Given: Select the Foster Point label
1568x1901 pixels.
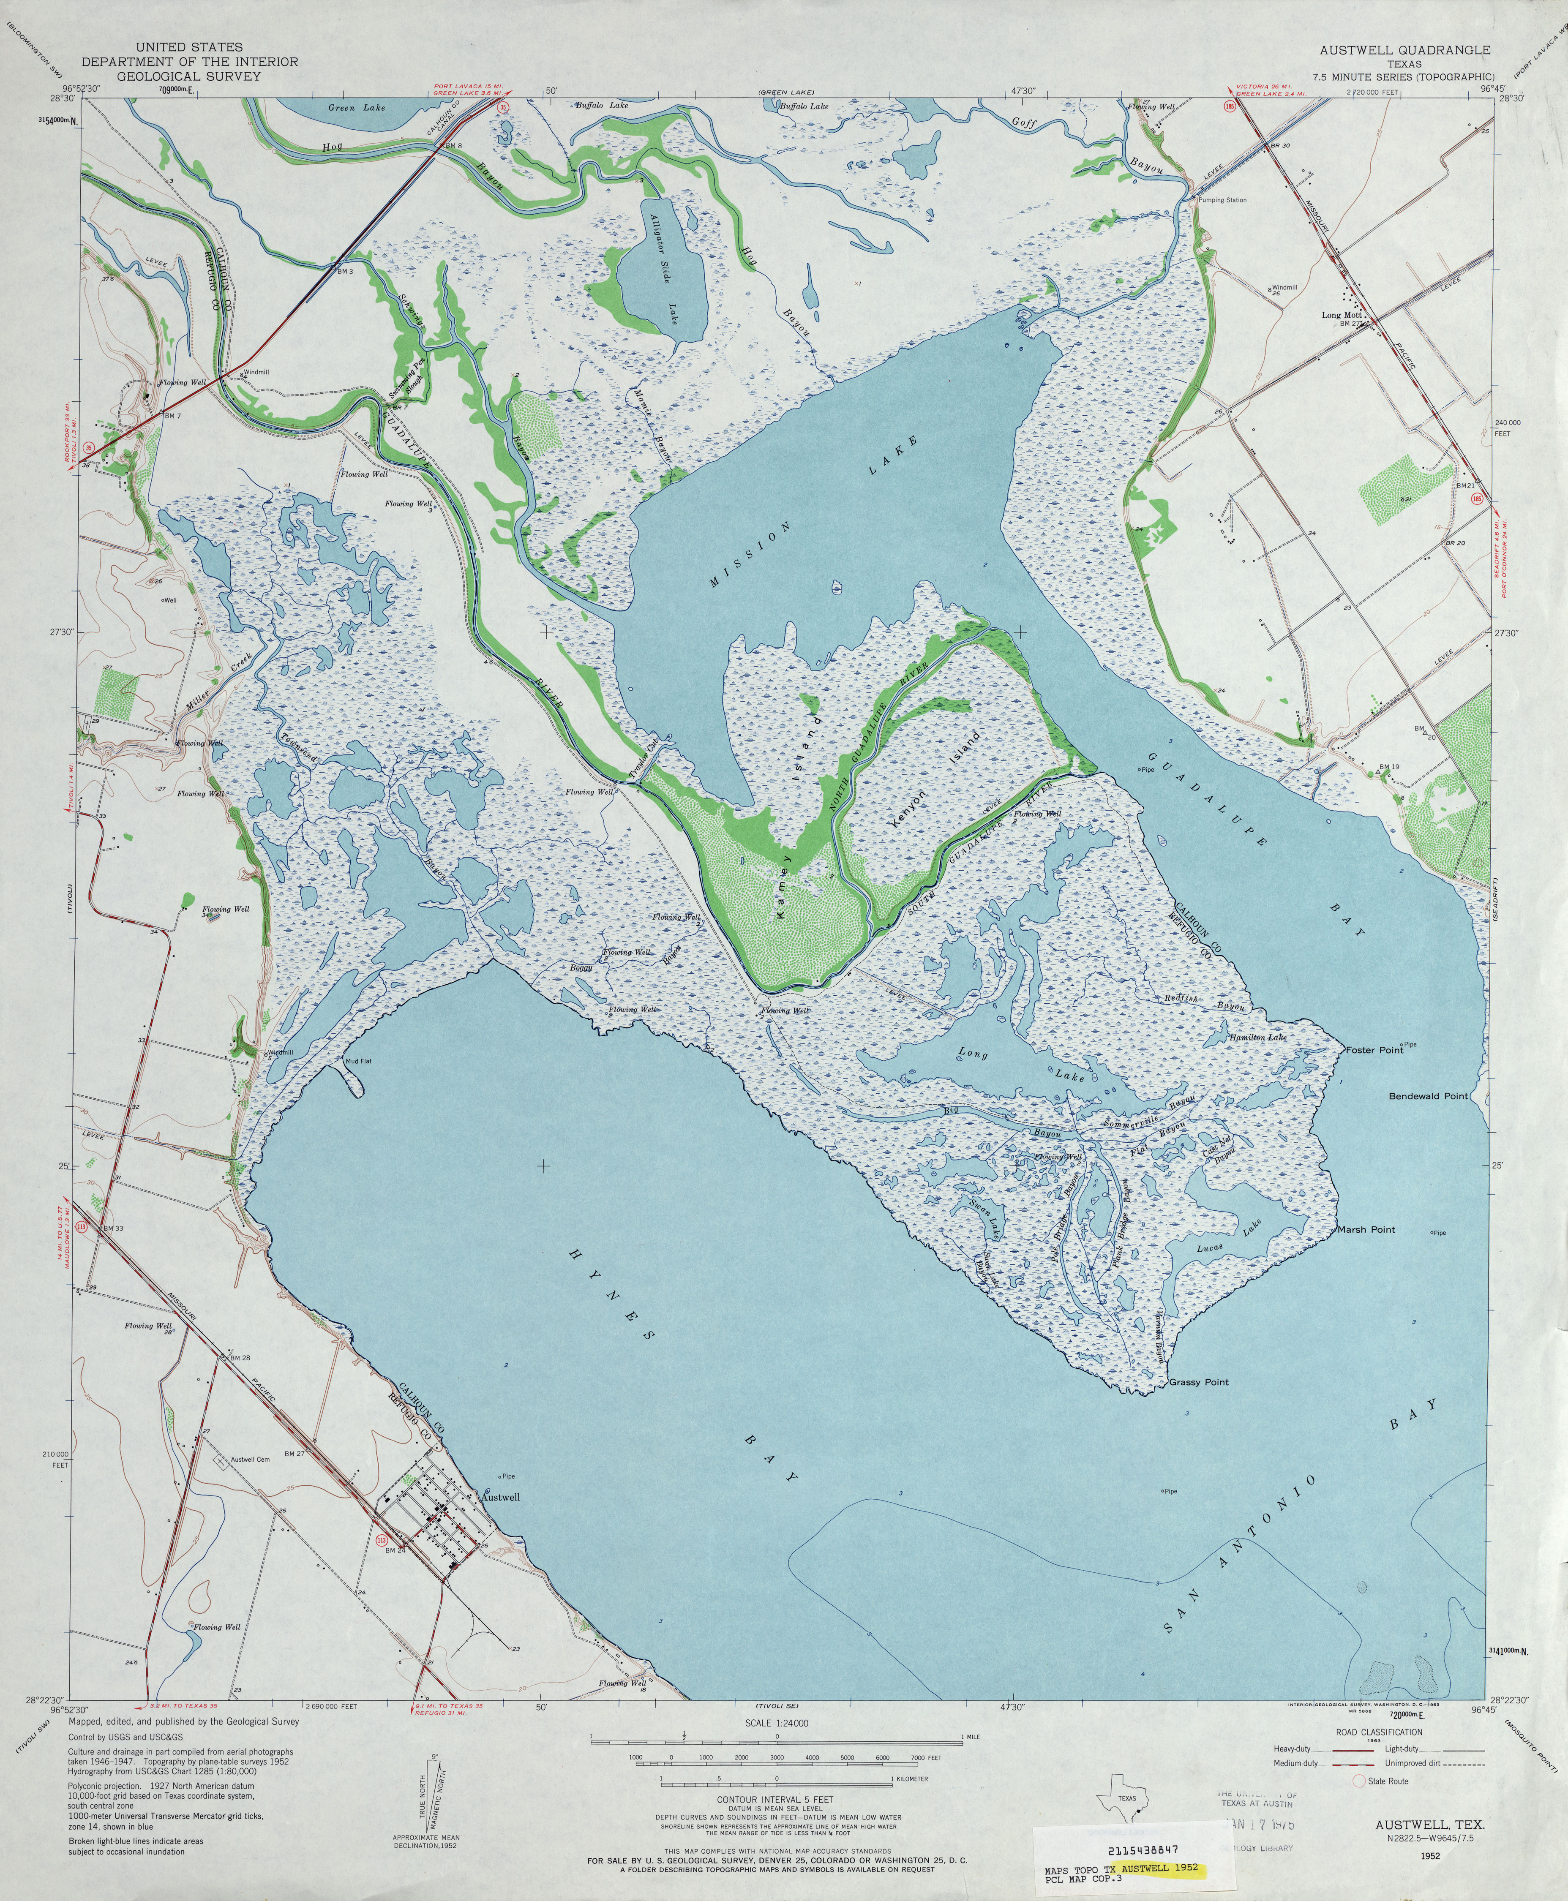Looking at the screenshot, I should coord(1374,1050).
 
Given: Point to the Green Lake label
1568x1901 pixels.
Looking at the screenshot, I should coord(356,107).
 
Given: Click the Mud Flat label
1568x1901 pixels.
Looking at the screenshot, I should coord(358,1061).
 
